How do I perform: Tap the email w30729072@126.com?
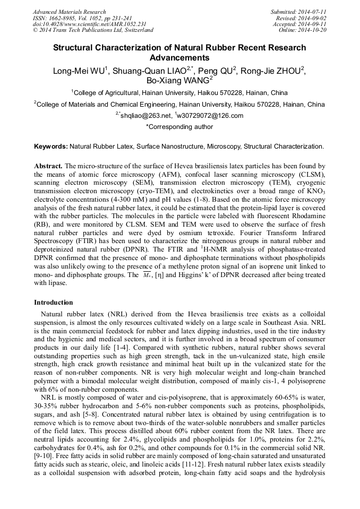[x=210, y=116]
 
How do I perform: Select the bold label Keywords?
[x=51, y=145]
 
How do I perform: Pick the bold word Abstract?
[x=48, y=166]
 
